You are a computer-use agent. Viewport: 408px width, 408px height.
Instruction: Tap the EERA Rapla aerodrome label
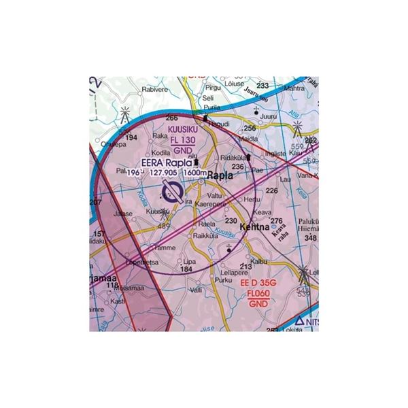click(167, 163)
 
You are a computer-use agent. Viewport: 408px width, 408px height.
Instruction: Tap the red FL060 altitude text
click(258, 294)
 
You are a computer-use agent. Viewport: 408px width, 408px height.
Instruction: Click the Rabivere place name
click(154, 88)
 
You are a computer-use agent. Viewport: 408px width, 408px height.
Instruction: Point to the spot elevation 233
click(262, 86)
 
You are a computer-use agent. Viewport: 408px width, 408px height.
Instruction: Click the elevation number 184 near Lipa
click(186, 269)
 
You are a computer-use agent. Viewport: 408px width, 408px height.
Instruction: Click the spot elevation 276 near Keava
click(276, 221)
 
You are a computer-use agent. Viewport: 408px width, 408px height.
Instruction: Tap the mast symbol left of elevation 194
click(124, 116)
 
